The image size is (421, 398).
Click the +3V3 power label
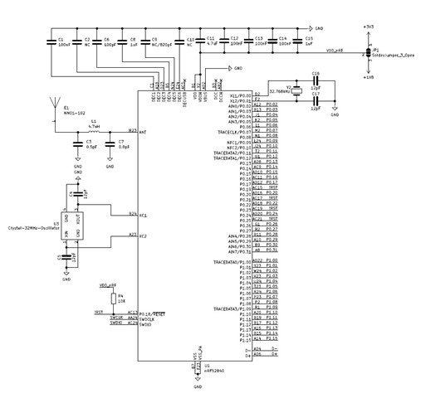tap(367, 27)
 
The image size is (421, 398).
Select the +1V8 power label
tap(367, 75)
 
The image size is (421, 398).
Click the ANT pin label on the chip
tap(144, 133)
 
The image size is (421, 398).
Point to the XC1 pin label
tap(144, 216)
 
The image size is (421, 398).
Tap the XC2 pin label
tap(144, 236)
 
